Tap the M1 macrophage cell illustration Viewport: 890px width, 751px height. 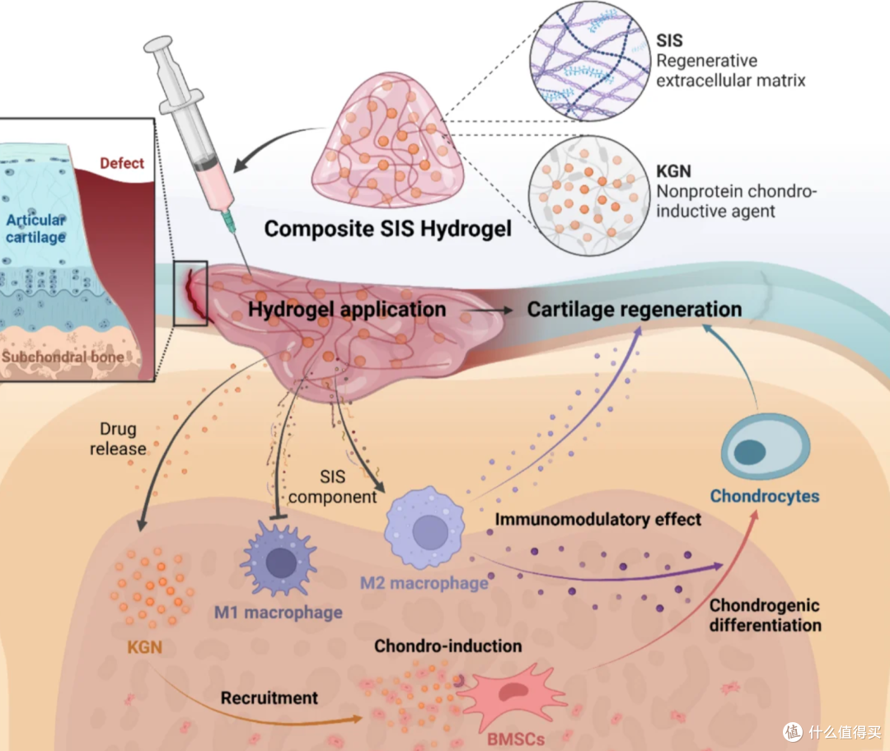pos(279,558)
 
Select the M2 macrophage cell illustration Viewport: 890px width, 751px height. pos(424,528)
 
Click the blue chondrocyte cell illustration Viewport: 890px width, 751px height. pos(765,447)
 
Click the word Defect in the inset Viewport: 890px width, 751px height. pos(121,163)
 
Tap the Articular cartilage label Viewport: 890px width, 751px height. pos(35,229)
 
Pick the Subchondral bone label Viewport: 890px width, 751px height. pos(63,357)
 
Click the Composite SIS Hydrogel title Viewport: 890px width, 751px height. pos(387,229)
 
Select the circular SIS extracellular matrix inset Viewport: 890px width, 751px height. pos(590,61)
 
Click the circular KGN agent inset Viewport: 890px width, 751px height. pos(588,195)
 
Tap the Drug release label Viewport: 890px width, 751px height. pos(118,438)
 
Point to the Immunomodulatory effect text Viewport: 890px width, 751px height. pos(597,520)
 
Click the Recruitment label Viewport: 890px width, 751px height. pos(269,697)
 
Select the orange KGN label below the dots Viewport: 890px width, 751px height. pos(145,647)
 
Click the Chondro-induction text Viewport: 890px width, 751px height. pos(447,646)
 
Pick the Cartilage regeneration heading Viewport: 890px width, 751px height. pos(635,310)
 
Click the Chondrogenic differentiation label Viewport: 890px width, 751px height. pos(765,615)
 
